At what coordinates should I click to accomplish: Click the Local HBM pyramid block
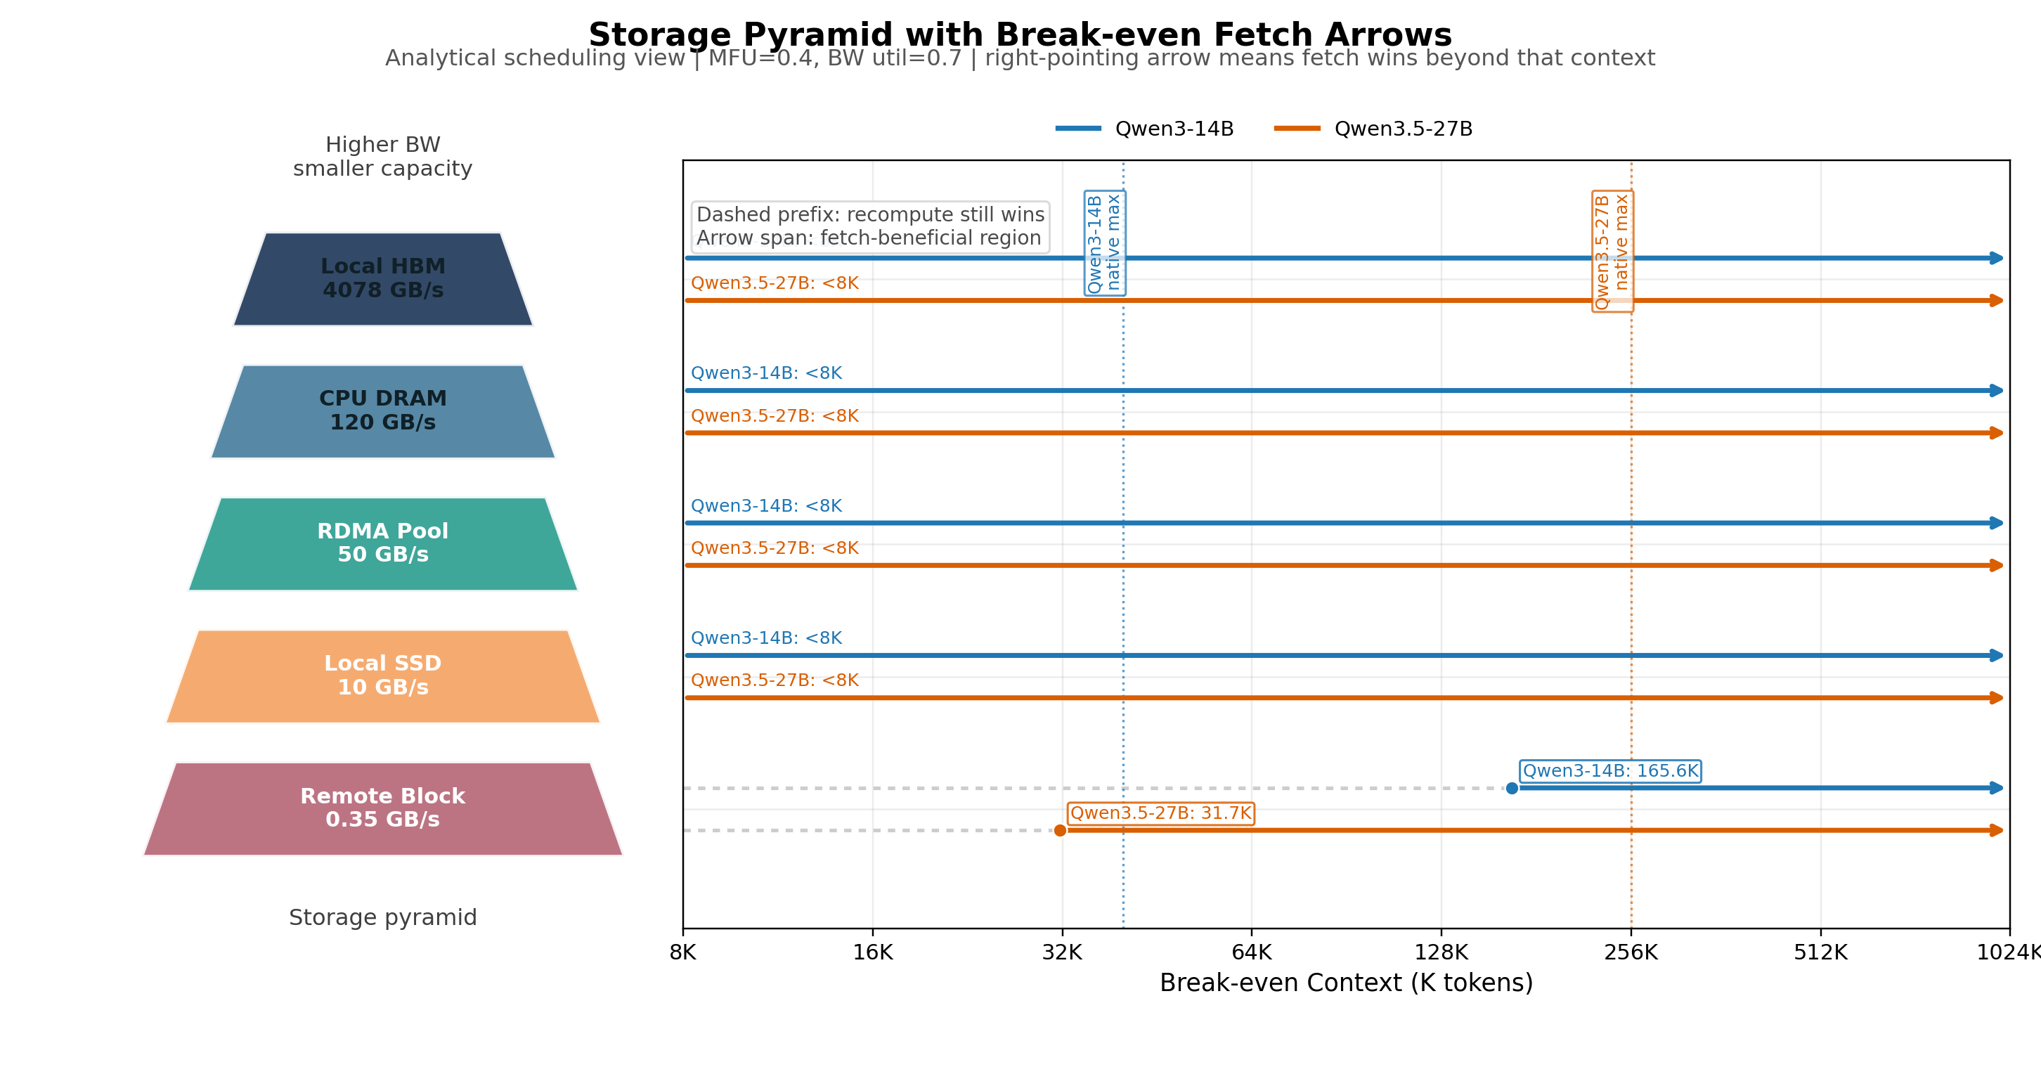pyautogui.click(x=382, y=278)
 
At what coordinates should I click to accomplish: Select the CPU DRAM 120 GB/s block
pyautogui.click(x=382, y=410)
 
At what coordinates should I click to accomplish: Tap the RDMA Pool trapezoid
pyautogui.click(x=382, y=543)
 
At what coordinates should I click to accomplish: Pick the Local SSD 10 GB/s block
pyautogui.click(x=382, y=675)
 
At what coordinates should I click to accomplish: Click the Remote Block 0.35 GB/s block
pyautogui.click(x=382, y=808)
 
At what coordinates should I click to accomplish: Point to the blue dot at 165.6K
pyautogui.click(x=1512, y=788)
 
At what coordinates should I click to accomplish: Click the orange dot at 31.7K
pyautogui.click(x=1060, y=830)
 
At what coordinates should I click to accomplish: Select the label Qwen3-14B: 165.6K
pyautogui.click(x=1610, y=771)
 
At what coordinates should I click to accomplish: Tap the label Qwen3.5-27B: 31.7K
pyautogui.click(x=1161, y=813)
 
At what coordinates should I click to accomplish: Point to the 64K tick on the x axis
pyautogui.click(x=1251, y=952)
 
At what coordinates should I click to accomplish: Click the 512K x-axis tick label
pyautogui.click(x=1820, y=952)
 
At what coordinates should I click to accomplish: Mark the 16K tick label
pyautogui.click(x=872, y=952)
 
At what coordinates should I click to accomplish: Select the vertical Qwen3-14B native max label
pyautogui.click(x=1104, y=243)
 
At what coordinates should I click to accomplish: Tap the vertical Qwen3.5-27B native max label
pyautogui.click(x=1612, y=251)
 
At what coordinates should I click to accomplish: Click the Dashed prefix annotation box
pyautogui.click(x=870, y=226)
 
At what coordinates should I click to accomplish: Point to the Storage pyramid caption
pyautogui.click(x=382, y=917)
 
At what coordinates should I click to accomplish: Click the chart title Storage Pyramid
pyautogui.click(x=1020, y=35)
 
